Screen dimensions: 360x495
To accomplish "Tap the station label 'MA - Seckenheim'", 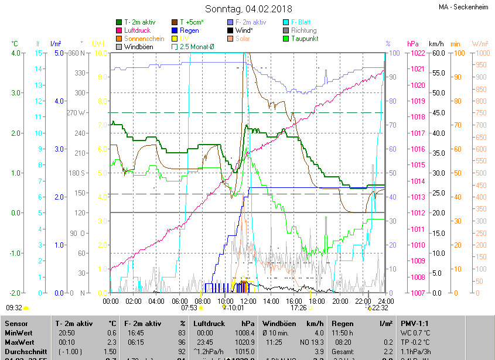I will (463, 8).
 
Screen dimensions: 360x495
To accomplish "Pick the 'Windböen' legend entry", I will (139, 47).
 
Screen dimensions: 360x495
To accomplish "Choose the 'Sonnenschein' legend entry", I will (144, 39).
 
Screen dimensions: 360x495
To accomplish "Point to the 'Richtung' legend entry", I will (303, 30).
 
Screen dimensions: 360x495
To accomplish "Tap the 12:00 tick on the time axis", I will (248, 301).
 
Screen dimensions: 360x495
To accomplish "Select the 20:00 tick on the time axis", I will (340, 301).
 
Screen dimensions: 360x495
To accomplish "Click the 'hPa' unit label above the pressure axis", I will (413, 44).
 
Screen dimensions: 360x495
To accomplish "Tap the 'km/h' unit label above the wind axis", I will (436, 44).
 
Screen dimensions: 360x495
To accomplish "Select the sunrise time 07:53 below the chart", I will (189, 307).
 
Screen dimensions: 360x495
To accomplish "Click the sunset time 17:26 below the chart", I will (298, 307).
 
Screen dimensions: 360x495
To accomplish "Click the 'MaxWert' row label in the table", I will (19, 342).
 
